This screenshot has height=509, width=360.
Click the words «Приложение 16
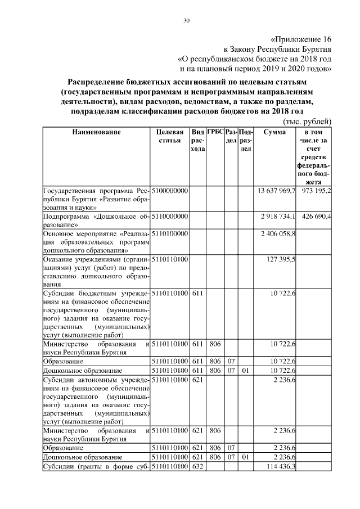click(x=301, y=40)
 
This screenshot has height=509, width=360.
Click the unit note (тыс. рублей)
click(x=307, y=121)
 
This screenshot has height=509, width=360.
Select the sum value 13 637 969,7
click(x=276, y=191)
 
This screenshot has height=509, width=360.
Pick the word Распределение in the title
click(x=98, y=82)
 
